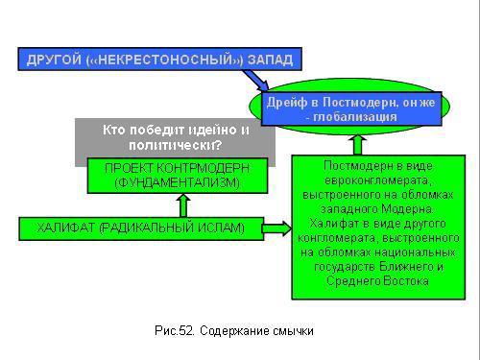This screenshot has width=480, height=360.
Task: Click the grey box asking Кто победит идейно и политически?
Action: pos(175,137)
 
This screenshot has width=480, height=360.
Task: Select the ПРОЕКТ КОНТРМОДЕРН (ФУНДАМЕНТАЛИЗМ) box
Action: pos(175,175)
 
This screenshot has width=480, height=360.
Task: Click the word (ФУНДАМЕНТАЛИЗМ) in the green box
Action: pos(177,181)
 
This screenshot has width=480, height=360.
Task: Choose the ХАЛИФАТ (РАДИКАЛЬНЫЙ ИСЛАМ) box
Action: pos(140,228)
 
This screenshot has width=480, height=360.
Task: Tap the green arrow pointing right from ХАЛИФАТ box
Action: pos(276,228)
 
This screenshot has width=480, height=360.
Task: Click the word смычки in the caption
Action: pos(294,331)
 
